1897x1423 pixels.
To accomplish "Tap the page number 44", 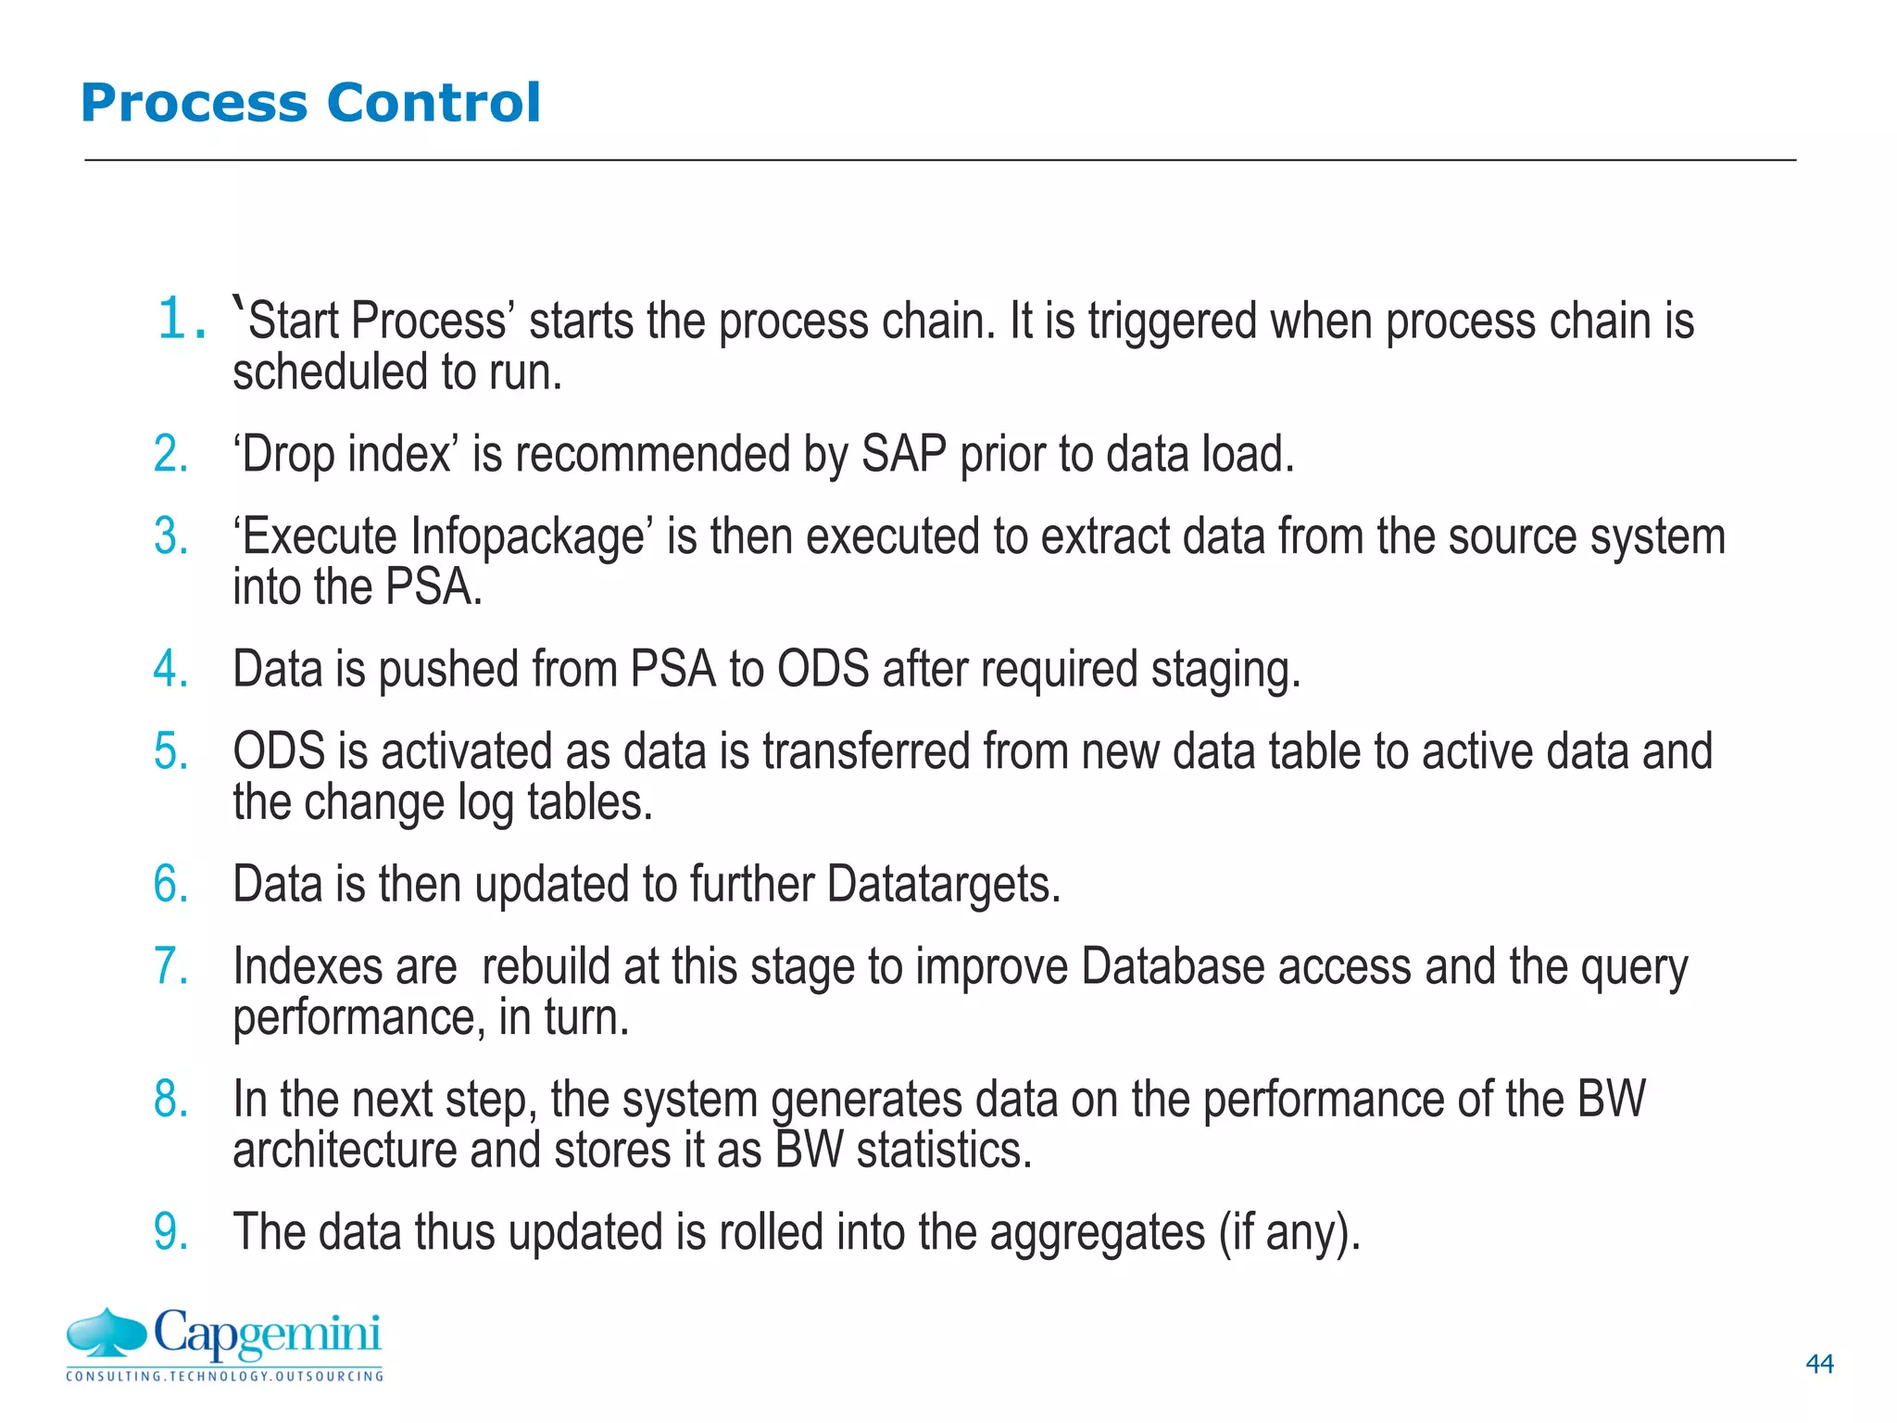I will (x=1819, y=1364).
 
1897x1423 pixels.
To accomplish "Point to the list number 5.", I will (x=171, y=751).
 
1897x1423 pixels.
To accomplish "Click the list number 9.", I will (x=171, y=1232).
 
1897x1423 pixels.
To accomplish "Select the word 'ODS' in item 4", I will (x=823, y=669).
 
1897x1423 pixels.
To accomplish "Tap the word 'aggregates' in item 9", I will (x=1097, y=1233).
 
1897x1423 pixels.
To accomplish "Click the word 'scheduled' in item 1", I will (x=329, y=372).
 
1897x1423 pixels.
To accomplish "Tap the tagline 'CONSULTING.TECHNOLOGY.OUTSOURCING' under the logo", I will (x=224, y=1376).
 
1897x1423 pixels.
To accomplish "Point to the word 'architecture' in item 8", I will (x=344, y=1151).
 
